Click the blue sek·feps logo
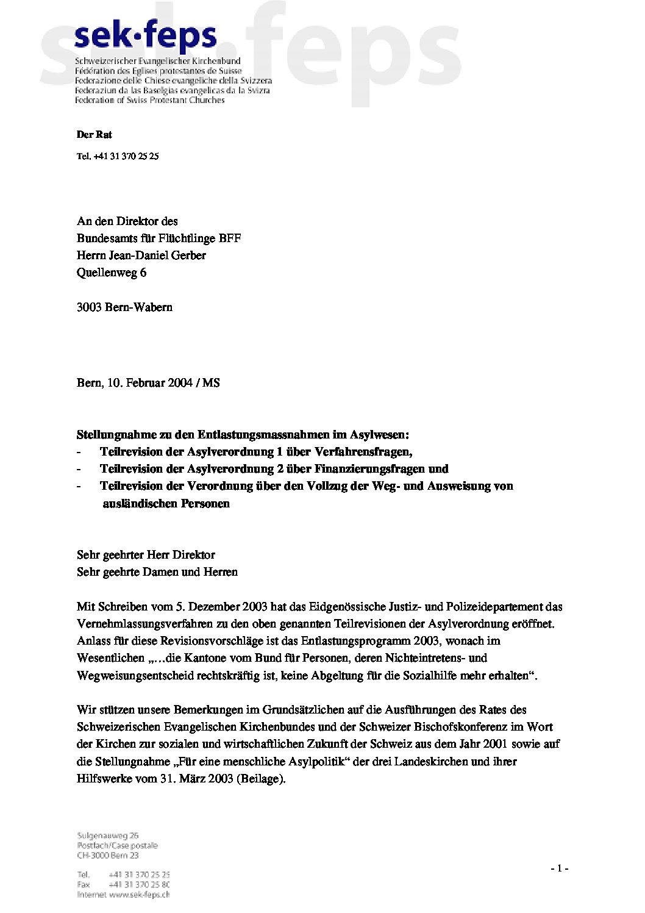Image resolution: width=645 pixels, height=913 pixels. (x=145, y=38)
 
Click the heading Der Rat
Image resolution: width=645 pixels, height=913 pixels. (x=94, y=135)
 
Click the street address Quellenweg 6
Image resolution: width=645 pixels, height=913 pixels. (x=111, y=273)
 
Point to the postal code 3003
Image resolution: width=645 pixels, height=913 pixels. (x=88, y=307)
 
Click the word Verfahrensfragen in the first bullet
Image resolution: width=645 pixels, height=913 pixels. (x=364, y=452)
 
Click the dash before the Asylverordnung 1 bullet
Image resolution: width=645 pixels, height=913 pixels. (x=79, y=452)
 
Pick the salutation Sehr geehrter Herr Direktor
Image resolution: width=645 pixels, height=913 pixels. (x=146, y=555)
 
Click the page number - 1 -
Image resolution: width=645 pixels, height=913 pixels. (x=559, y=868)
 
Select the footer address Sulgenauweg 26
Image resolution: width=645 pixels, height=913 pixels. (x=108, y=836)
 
